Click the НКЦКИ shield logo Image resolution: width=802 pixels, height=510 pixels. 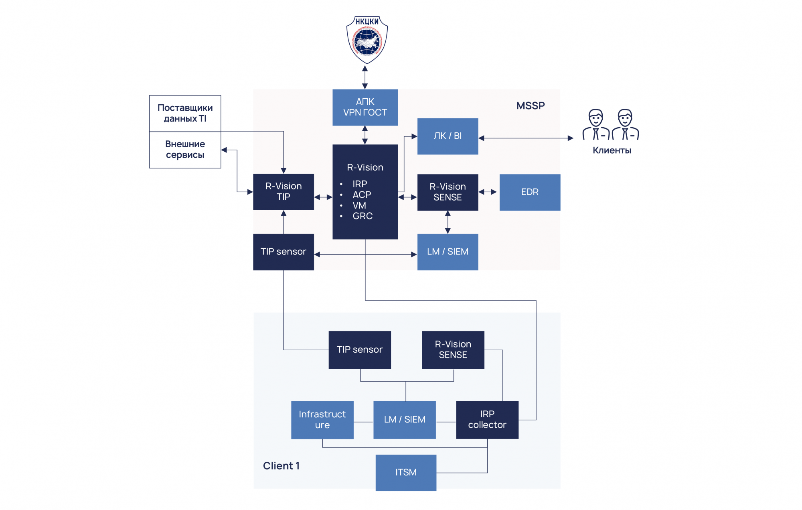tap(367, 40)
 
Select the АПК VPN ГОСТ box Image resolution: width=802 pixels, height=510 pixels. tap(365, 107)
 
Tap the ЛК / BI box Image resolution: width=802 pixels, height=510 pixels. tap(448, 136)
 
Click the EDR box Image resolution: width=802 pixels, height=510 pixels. tap(530, 192)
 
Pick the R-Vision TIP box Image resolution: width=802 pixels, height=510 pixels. tap(284, 192)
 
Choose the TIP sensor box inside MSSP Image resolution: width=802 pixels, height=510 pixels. tap(284, 252)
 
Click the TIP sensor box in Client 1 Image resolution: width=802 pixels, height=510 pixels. tap(360, 349)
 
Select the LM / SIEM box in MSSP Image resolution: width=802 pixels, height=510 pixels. tap(448, 252)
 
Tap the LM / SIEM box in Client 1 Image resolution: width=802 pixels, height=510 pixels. tap(404, 420)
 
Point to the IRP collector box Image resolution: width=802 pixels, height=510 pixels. tap(487, 420)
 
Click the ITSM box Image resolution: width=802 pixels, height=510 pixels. tap(406, 472)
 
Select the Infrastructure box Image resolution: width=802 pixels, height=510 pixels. tap(322, 420)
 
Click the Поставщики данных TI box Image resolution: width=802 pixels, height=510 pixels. tap(185, 113)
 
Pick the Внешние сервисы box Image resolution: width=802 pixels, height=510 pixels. tap(185, 150)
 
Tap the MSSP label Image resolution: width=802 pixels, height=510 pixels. tap(530, 106)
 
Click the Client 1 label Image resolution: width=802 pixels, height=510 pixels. tap(281, 466)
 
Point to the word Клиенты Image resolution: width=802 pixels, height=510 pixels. tap(612, 150)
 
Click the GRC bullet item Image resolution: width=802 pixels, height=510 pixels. tap(363, 216)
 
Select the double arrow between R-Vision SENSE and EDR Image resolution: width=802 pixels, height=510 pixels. tap(488, 192)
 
